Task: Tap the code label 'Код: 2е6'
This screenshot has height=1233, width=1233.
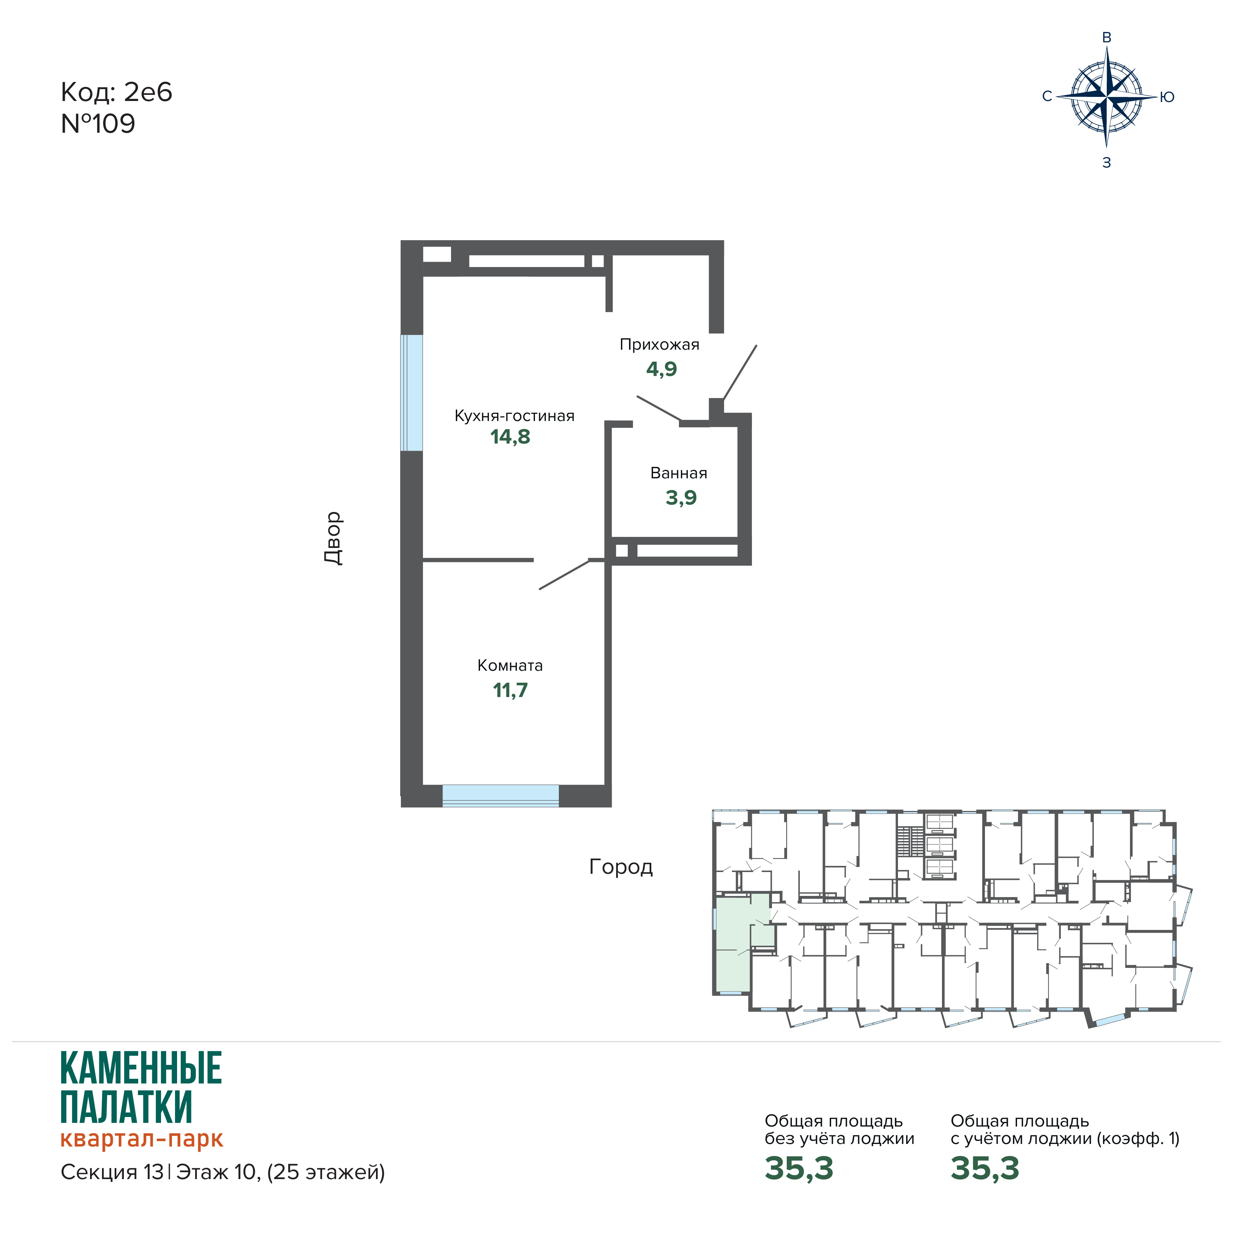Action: tap(116, 92)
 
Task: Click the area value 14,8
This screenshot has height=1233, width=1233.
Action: tap(510, 437)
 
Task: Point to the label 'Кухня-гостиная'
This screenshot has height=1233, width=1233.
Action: tap(514, 416)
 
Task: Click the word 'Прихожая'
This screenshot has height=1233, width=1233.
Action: tap(659, 345)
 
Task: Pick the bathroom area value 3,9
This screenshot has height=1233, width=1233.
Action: tap(681, 498)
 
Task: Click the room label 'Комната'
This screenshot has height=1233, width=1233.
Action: tap(510, 666)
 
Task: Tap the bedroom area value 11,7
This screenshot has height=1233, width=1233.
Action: tap(510, 691)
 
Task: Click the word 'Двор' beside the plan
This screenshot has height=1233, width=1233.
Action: tap(333, 538)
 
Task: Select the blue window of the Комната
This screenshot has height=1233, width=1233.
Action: tap(501, 796)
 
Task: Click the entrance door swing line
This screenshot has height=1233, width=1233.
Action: tap(740, 372)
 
